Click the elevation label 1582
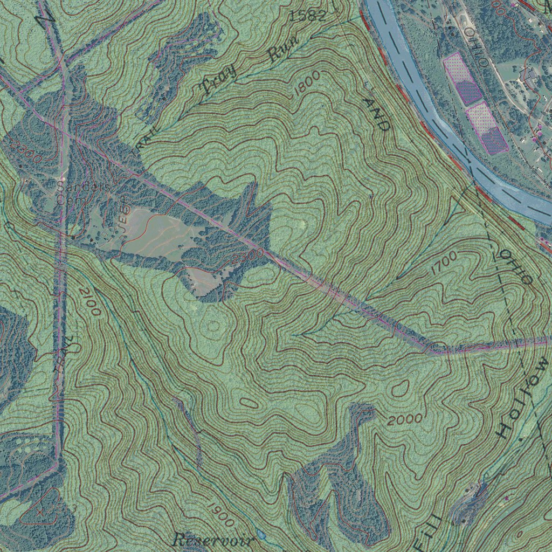pos(308,16)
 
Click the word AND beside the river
pos(376,115)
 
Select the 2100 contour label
pos(89,302)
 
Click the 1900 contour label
pos(220,514)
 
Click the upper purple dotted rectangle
pos(462,79)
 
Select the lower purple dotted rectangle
pos(487,129)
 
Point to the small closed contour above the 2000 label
pos(399,387)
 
